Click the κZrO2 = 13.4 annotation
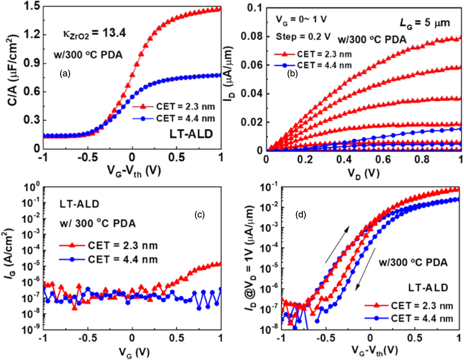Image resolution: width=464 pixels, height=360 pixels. pyautogui.click(x=94, y=34)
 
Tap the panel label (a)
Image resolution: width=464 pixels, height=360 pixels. pyautogui.click(x=65, y=73)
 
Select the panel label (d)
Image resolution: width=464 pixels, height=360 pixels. pyautogui.click(x=301, y=215)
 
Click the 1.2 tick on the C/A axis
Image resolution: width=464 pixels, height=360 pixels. pyautogui.click(x=32, y=35)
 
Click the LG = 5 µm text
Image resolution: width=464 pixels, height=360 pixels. pyautogui.click(x=425, y=23)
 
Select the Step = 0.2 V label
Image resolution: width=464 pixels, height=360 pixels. pyautogui.click(x=303, y=37)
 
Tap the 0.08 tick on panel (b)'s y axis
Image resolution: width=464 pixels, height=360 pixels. pyautogui.click(x=251, y=36)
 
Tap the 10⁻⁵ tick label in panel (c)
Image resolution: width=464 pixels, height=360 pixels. pyautogui.click(x=32, y=266)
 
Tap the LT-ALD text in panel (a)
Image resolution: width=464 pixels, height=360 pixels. pyautogui.click(x=191, y=134)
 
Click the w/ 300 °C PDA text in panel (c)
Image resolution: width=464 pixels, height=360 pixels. pyautogui.click(x=98, y=223)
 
